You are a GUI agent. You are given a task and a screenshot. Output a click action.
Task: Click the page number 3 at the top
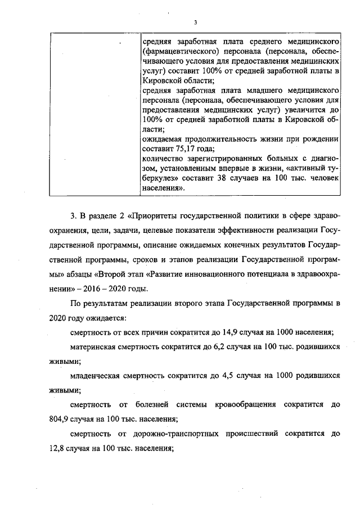195,22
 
